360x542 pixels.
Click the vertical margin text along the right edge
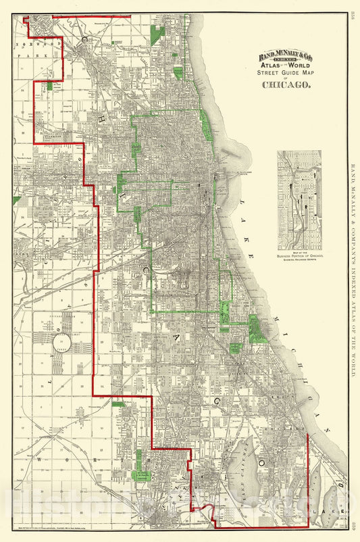click(352, 270)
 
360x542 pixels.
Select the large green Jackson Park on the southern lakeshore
click(257, 329)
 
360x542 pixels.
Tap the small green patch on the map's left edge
click(16, 200)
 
